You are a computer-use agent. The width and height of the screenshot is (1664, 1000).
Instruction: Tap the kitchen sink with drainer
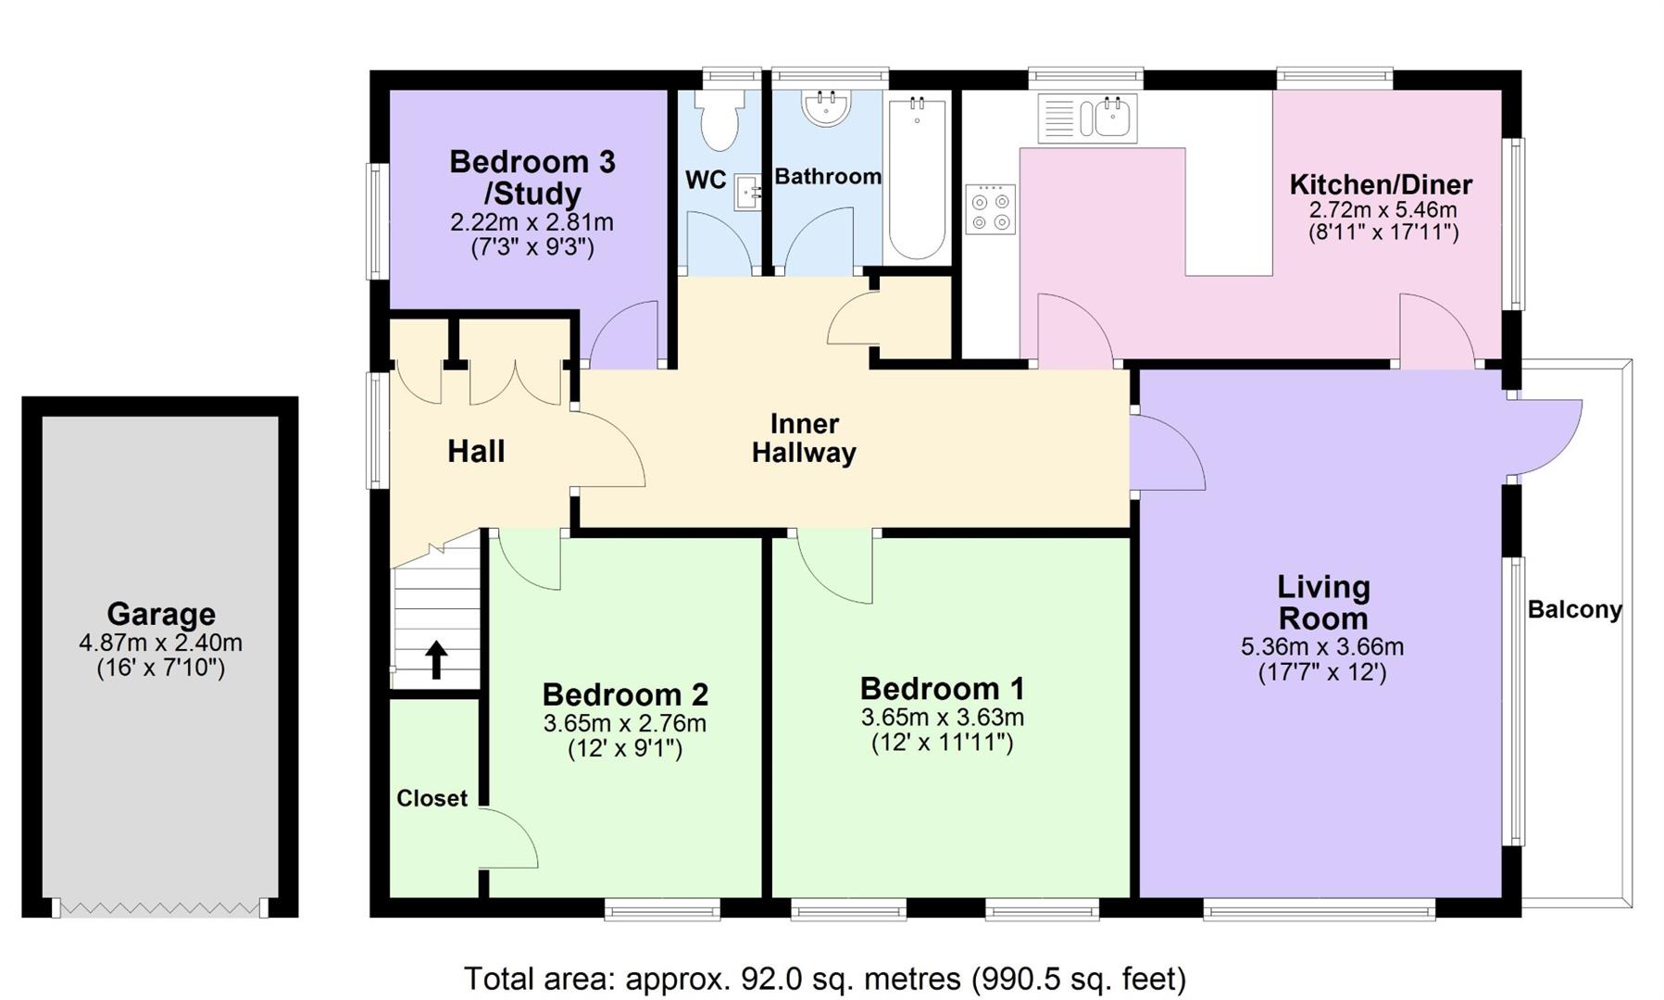[x=1087, y=119]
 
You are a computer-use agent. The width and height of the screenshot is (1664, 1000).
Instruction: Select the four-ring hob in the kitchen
[x=990, y=209]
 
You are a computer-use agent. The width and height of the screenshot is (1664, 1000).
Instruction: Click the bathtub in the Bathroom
[x=917, y=178]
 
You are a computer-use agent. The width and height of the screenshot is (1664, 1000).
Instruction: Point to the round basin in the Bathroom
[x=826, y=107]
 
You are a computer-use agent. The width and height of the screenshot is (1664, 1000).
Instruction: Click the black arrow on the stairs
[x=436, y=660]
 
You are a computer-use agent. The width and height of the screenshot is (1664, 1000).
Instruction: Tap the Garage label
[x=161, y=614]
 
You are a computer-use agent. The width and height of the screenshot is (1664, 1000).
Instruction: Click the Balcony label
[x=1574, y=610]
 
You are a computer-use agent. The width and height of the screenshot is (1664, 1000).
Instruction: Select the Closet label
[x=432, y=798]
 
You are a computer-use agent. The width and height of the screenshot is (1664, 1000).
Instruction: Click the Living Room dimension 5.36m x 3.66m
[x=1321, y=647]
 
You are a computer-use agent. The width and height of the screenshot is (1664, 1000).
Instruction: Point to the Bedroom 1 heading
[x=942, y=689]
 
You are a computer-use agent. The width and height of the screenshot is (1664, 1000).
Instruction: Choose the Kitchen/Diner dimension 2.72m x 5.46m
[x=1382, y=209]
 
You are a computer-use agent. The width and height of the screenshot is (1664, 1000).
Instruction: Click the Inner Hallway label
[x=804, y=438]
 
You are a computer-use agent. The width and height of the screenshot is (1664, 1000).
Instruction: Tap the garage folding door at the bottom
[x=159, y=908]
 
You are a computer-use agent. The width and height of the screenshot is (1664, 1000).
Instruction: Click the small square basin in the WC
[x=748, y=193]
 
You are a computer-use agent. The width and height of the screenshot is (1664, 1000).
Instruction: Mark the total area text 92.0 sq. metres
[x=824, y=979]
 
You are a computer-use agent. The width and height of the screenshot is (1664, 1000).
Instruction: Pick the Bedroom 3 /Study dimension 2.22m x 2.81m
[x=532, y=222]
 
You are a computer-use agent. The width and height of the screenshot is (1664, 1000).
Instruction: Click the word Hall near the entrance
[x=476, y=452]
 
